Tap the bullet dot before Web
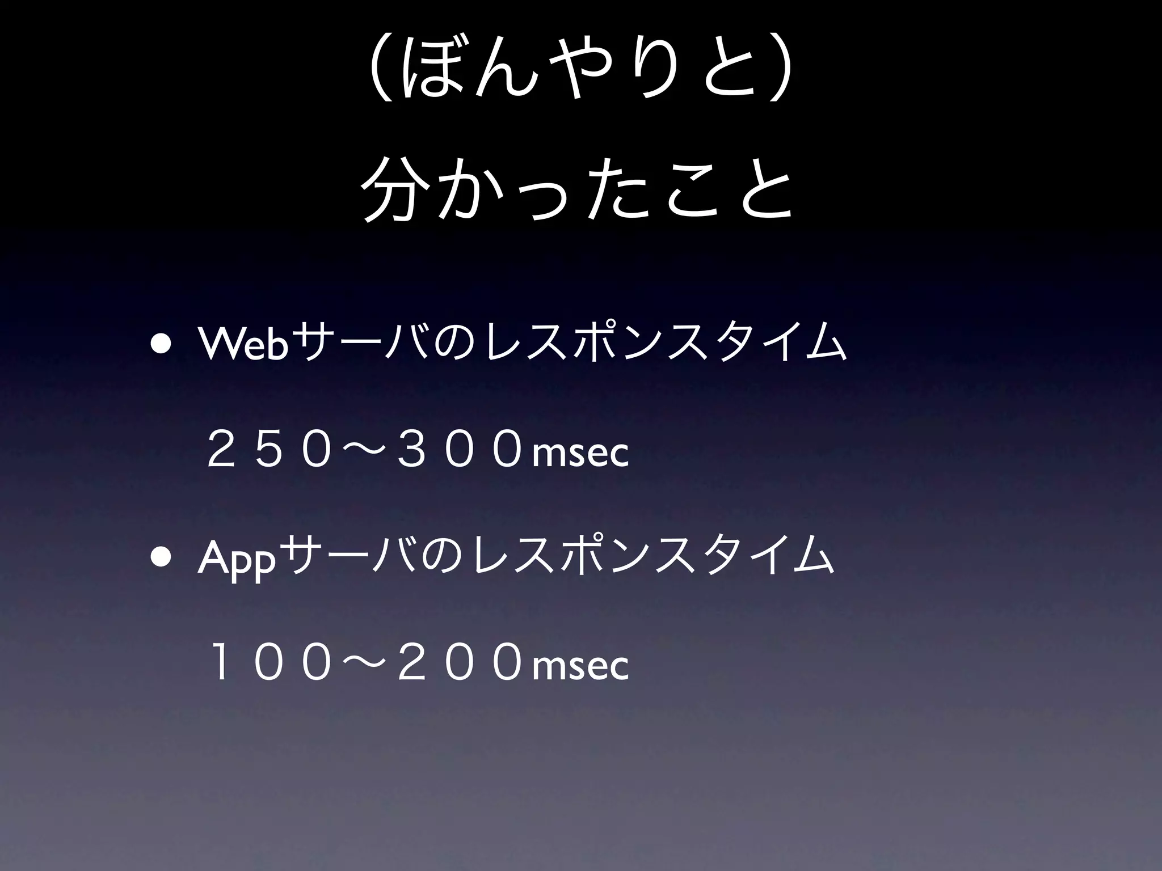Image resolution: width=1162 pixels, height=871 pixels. pyautogui.click(x=162, y=346)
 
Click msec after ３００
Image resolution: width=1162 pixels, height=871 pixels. pyautogui.click(x=580, y=454)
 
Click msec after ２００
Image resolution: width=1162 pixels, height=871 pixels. pyautogui.click(x=580, y=666)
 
